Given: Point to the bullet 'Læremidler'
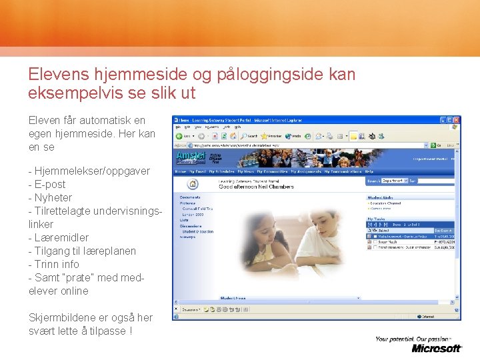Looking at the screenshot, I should point(61,237).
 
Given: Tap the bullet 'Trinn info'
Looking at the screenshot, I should point(57,264).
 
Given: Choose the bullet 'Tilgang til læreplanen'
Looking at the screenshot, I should point(85,251).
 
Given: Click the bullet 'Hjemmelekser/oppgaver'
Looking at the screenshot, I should point(91,171).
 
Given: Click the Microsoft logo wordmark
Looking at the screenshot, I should point(437,348).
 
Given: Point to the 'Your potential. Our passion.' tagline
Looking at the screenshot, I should point(418,339).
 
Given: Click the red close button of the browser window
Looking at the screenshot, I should point(456,120).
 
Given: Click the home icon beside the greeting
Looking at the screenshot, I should point(193,184).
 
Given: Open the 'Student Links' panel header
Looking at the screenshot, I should point(381,197).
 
